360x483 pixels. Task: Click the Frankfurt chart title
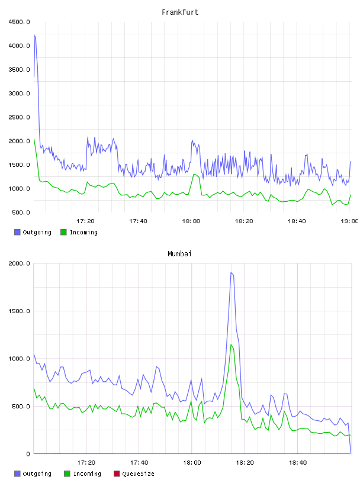click(180, 12)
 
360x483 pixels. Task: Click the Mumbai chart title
click(179, 254)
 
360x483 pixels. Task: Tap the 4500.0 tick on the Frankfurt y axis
click(19, 22)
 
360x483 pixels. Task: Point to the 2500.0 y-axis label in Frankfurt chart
click(19, 117)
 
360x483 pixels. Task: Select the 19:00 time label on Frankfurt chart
click(349, 221)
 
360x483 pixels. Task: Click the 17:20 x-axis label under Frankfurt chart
click(85, 221)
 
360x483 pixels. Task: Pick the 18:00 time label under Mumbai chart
click(192, 463)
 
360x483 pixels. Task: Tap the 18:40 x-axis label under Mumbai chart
click(297, 463)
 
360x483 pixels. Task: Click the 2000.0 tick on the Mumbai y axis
click(19, 263)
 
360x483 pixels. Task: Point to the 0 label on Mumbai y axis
click(28, 454)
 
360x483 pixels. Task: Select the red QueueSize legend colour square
click(117, 474)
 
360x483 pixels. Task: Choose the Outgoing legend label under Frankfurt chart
click(37, 232)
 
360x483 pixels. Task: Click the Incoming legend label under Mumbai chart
click(87, 474)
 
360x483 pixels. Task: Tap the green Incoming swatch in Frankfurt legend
click(63, 232)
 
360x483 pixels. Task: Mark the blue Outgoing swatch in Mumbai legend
click(17, 474)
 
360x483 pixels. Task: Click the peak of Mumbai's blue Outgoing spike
click(231, 272)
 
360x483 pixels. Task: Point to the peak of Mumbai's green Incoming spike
click(231, 344)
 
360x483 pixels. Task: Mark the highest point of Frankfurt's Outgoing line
click(35, 35)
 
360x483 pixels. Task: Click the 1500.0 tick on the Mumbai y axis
click(19, 311)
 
